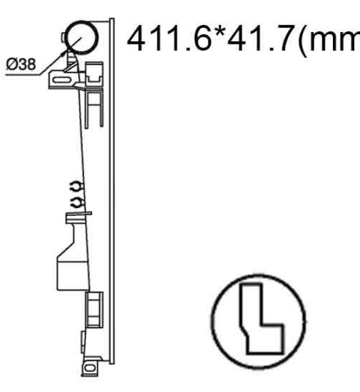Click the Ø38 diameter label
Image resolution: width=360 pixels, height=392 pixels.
21,64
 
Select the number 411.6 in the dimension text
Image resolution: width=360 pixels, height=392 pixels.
170,39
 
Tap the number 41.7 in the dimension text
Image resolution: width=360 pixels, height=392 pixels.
260,39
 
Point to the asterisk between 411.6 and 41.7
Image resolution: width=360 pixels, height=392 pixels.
220,33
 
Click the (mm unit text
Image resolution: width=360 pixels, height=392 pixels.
328,40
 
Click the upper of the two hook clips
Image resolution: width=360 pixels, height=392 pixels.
76,187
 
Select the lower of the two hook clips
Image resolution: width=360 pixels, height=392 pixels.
77,202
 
